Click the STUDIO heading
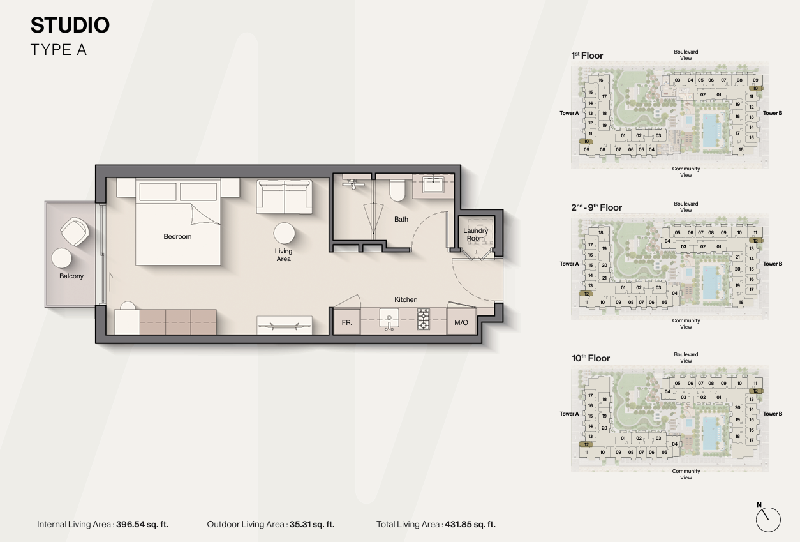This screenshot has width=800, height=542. (70, 25)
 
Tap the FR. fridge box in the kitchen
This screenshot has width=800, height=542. (346, 322)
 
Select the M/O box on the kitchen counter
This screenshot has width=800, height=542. (461, 322)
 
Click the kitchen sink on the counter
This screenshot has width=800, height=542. (389, 319)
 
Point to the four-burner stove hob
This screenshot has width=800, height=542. (423, 319)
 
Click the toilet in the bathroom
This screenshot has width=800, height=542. (397, 190)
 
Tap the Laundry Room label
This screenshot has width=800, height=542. (475, 234)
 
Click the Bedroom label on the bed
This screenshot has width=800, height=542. (177, 236)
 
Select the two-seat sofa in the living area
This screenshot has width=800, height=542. (284, 197)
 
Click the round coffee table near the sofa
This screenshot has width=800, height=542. (285, 233)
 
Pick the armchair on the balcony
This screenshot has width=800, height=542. (75, 232)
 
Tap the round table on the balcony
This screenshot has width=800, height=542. (61, 258)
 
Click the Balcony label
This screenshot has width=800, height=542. (71, 276)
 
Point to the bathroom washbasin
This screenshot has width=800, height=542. (433, 185)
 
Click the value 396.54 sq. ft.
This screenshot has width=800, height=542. (142, 524)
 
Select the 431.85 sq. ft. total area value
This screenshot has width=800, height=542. (470, 524)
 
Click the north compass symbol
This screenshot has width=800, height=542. (768, 519)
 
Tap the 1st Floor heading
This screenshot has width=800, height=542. (587, 56)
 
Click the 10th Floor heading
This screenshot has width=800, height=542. (591, 358)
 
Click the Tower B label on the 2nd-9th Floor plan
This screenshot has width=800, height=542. (773, 264)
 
